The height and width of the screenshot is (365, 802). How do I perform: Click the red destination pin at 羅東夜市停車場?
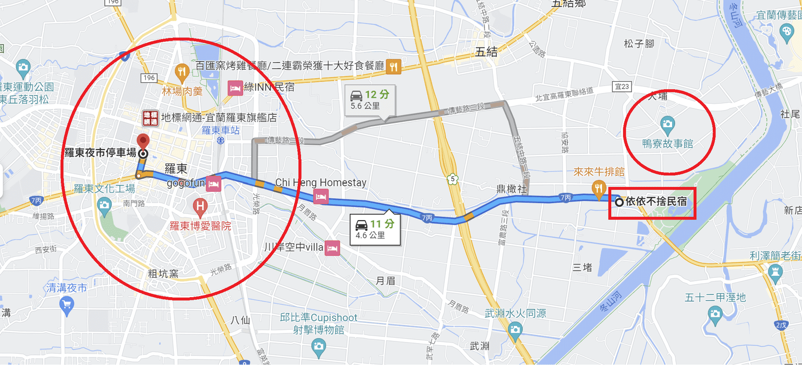tap(143, 142)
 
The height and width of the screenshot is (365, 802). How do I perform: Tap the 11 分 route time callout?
tap(375, 229)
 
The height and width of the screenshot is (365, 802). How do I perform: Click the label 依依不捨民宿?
tap(656, 202)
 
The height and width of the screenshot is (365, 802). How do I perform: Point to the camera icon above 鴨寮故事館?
tap(667, 125)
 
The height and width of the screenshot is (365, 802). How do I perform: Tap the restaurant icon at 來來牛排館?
tap(598, 187)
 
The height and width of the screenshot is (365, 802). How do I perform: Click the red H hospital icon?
tap(200, 205)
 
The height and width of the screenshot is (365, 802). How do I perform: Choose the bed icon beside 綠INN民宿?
tap(235, 87)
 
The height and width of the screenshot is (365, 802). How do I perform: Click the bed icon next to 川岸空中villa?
tap(332, 247)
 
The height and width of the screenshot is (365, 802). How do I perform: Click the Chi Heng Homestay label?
tap(321, 183)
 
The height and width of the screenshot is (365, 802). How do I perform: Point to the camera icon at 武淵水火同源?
tap(515, 331)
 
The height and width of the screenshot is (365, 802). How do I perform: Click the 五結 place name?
tap(486, 52)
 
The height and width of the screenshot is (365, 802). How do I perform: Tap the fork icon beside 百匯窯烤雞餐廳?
tap(394, 66)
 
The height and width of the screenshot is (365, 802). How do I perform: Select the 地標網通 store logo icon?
tap(150, 117)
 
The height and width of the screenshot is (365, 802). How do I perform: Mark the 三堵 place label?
tap(582, 267)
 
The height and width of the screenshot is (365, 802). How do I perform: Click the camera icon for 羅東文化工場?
tap(104, 204)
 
